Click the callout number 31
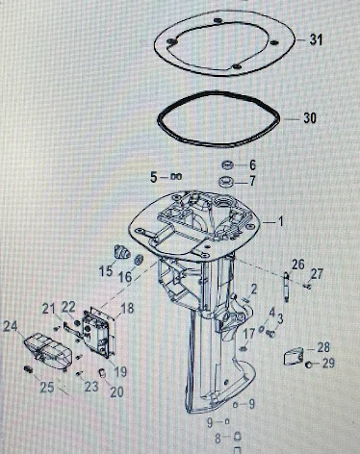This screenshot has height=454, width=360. pyautogui.click(x=316, y=39)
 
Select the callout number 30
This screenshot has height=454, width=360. pyautogui.click(x=310, y=118)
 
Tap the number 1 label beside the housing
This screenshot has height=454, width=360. pyautogui.click(x=281, y=221)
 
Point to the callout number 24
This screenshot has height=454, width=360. pyautogui.click(x=10, y=327)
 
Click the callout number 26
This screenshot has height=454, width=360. pyautogui.click(x=298, y=265)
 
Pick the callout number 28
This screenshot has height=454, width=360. pyautogui.click(x=323, y=347)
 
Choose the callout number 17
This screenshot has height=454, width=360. pyautogui.click(x=248, y=334)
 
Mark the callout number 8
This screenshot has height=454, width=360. pyautogui.click(x=218, y=439)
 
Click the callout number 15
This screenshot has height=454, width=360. pyautogui.click(x=106, y=271)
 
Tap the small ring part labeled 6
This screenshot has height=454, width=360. pyautogui.click(x=227, y=165)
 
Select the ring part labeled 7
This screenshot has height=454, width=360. pyautogui.click(x=227, y=182)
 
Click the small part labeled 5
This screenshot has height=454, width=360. pyautogui.click(x=176, y=176)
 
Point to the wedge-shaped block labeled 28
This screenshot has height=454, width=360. pyautogui.click(x=294, y=357)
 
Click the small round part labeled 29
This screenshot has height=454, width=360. pyautogui.click(x=308, y=365)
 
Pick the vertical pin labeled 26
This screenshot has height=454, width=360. pyautogui.click(x=286, y=287)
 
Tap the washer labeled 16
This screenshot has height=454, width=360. pyautogui.click(x=139, y=260)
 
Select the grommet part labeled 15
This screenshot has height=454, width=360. pyautogui.click(x=122, y=252)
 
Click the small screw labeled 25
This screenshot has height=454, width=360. pyautogui.click(x=28, y=369)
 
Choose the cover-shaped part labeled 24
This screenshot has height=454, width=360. pyautogui.click(x=47, y=351)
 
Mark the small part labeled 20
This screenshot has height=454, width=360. pyautogui.click(x=102, y=373)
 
